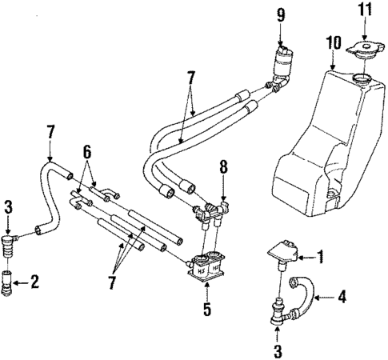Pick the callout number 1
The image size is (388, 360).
pos(320,257)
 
